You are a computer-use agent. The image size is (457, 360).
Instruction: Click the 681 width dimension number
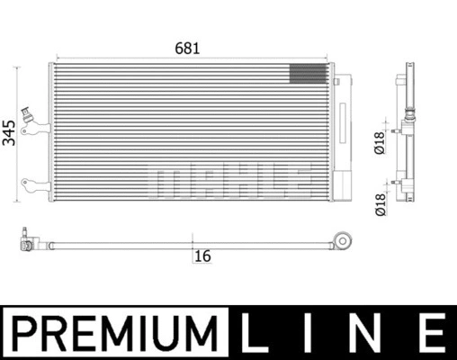(x=187, y=49)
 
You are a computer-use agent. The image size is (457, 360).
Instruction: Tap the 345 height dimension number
(x=9, y=133)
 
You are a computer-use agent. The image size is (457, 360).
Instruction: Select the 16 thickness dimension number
(x=202, y=256)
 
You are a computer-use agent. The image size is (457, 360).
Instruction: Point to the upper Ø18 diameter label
(x=380, y=143)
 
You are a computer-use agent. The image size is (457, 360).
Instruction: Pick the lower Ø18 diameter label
(x=381, y=205)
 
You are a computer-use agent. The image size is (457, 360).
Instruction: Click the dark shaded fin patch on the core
(x=308, y=74)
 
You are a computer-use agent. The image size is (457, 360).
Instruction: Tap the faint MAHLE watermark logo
(x=229, y=182)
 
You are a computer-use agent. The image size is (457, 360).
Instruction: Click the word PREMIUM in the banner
(x=114, y=332)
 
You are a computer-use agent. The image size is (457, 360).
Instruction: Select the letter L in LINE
(x=254, y=332)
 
